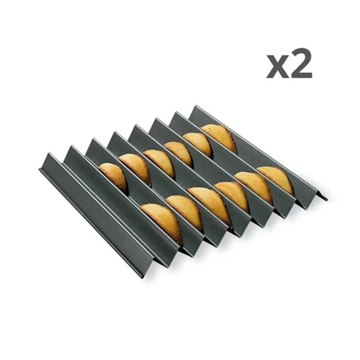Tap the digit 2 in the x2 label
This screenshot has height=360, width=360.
301,63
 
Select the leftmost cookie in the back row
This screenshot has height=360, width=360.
113,177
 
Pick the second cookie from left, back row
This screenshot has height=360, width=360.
135,167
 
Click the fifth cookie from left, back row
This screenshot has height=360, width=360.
197,142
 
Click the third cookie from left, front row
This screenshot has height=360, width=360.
207,201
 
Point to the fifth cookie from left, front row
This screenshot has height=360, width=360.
254,186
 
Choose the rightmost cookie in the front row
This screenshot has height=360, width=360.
276,179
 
